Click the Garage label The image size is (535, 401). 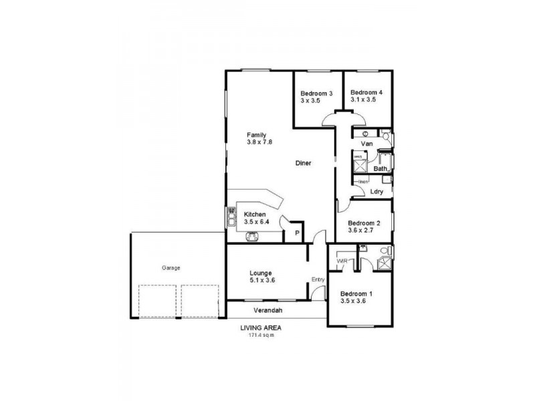click(x=171, y=267)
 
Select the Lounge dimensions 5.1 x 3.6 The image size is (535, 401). click(x=259, y=281)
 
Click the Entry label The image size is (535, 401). click(x=318, y=279)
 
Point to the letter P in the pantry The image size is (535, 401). click(x=296, y=233)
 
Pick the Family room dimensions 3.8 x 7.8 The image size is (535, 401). click(x=259, y=142)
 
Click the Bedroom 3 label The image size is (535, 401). click(x=316, y=92)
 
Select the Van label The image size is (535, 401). click(x=366, y=144)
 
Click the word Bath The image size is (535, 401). click(x=380, y=169)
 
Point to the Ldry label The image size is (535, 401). click(x=377, y=192)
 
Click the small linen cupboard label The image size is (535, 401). click(x=362, y=181)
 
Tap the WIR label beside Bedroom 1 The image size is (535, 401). click(x=342, y=260)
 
